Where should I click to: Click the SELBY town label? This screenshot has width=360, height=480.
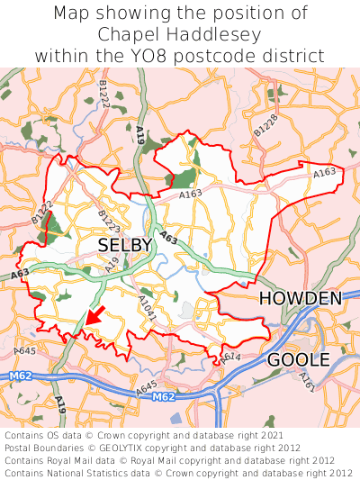[x=124, y=245]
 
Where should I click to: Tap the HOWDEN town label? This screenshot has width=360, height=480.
[x=300, y=299]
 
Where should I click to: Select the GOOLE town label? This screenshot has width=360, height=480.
[x=298, y=361]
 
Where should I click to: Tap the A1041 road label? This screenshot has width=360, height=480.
[x=147, y=306]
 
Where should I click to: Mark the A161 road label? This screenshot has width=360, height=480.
[x=307, y=383]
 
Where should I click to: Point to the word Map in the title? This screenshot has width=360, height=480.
[x=73, y=14]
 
